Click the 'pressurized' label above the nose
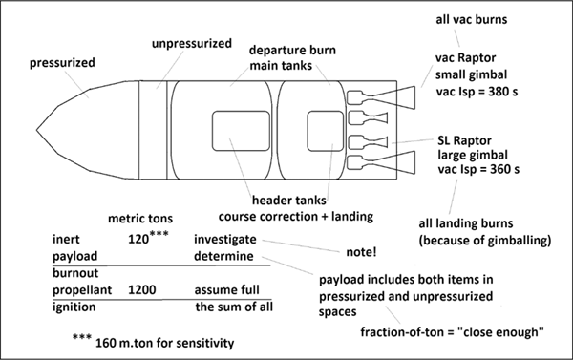62,62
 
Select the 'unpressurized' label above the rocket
192,44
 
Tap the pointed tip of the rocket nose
37,129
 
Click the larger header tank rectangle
242,131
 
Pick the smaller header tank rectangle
326,131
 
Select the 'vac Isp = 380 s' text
477,92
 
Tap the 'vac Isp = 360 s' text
478,169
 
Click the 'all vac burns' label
472,19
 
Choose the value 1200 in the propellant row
141,290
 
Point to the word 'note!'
361,252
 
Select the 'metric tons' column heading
140,219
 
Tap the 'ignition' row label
74,307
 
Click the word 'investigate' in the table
225,239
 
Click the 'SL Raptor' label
464,140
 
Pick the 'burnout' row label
75,273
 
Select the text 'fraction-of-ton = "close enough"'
452,332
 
